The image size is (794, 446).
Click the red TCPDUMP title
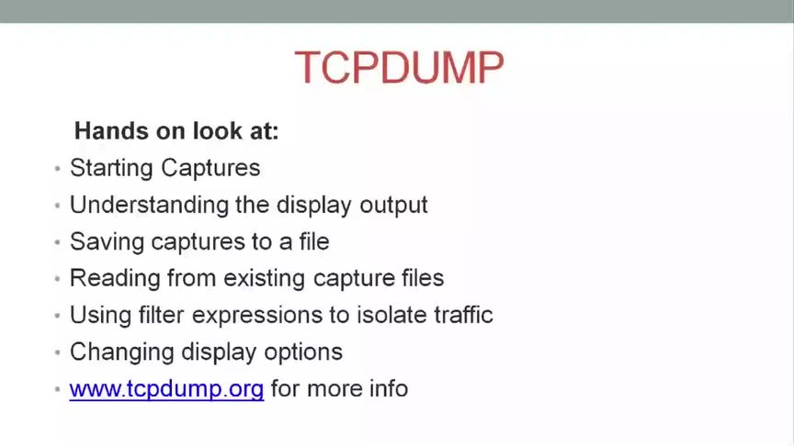click(399, 68)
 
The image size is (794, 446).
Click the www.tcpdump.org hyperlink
click(166, 388)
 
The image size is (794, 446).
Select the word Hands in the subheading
click(104, 131)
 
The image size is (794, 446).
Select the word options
click(303, 352)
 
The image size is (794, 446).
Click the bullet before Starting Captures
click(57, 170)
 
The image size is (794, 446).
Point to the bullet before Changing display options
click(57, 352)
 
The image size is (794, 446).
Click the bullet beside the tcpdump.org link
click(57, 389)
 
